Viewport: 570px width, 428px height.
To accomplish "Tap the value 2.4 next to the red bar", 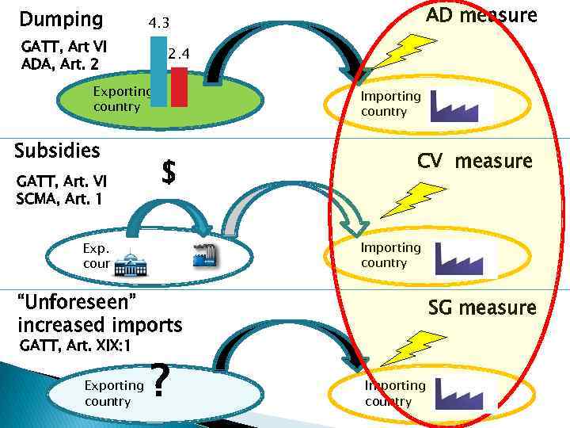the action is pyautogui.click(x=179, y=55).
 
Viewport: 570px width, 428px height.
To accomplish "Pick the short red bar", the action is pyautogui.click(x=179, y=86).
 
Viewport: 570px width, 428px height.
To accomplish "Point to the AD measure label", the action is pyautogui.click(x=481, y=16).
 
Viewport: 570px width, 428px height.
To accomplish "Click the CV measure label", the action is pyautogui.click(x=475, y=162).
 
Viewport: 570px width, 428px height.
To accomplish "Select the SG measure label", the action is pyautogui.click(x=482, y=308).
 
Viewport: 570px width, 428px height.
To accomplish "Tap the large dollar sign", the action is pyautogui.click(x=168, y=171).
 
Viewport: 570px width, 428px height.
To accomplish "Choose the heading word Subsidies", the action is pyautogui.click(x=58, y=151).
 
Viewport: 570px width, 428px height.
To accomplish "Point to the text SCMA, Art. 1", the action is pyautogui.click(x=59, y=200).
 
